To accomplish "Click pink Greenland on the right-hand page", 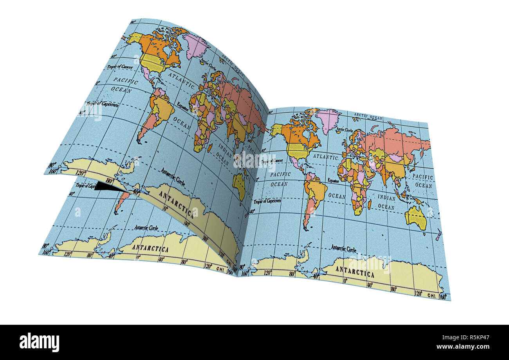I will click(328, 119).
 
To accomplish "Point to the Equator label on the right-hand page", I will click(333, 181).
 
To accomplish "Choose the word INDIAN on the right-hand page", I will click(386, 198).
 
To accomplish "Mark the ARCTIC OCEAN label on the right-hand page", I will click(368, 117).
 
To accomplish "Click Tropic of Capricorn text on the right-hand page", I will click(267, 201).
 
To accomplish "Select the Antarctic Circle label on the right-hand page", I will click(343, 248).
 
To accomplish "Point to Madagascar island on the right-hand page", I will click(369, 203).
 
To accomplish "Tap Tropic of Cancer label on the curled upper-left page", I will click(120, 67).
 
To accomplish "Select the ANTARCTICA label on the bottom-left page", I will click(150, 248).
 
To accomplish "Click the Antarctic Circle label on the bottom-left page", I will click(146, 227).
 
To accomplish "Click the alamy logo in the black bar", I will click(39, 342).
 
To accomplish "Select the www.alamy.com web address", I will click(468, 347).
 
